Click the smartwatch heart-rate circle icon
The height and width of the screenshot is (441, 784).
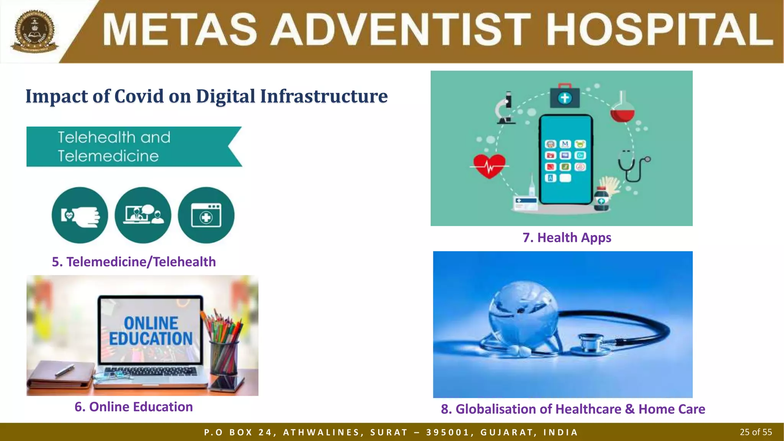pyautogui.click(x=80, y=215)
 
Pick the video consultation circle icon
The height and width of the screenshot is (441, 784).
pyautogui.click(x=143, y=215)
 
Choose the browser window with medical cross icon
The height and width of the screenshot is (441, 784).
pyautogui.click(x=206, y=215)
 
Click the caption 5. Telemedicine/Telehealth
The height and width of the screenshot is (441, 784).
pyautogui.click(x=134, y=262)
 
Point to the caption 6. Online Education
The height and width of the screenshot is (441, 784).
pyautogui.click(x=134, y=407)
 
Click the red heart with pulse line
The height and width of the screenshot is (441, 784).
pyautogui.click(x=489, y=166)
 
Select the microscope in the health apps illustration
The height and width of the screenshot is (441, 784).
pyautogui.click(x=505, y=108)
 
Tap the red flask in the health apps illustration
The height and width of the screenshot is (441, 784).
pyautogui.click(x=622, y=109)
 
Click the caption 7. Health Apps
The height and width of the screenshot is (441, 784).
pyautogui.click(x=567, y=238)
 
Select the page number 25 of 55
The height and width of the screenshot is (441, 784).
pyautogui.click(x=756, y=432)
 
